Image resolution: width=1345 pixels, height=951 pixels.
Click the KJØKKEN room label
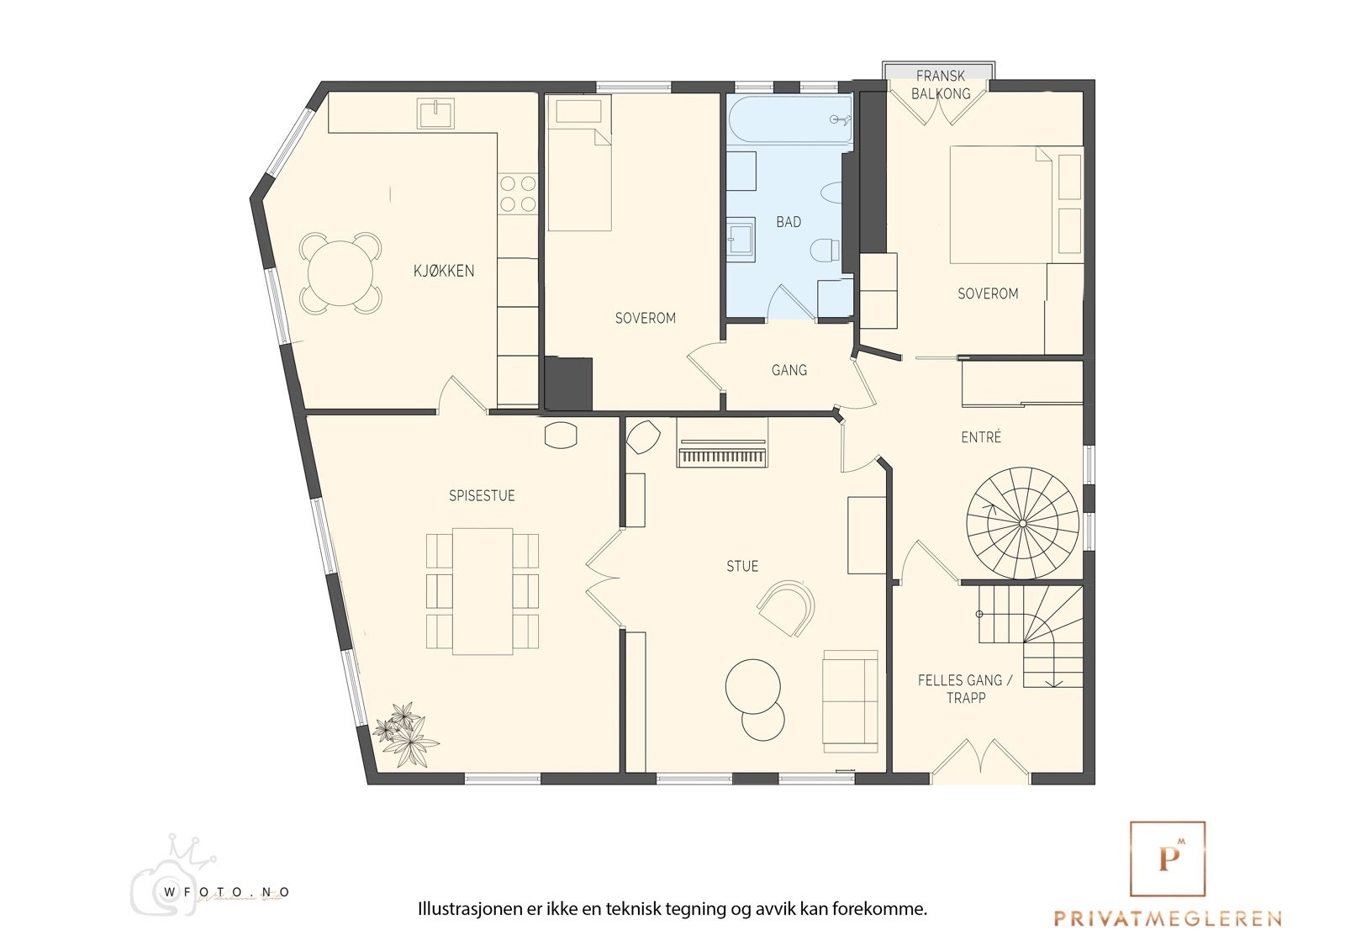(444, 271)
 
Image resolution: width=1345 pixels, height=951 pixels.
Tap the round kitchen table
(340, 273)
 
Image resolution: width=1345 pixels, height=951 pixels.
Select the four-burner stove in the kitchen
(518, 193)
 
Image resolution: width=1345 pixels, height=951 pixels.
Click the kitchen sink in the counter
(435, 114)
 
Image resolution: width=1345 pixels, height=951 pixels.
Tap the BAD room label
(789, 222)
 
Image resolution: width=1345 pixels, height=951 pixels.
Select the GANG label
(789, 370)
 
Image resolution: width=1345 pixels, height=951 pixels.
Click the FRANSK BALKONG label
(941, 85)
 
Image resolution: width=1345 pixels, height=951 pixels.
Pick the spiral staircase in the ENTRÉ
(1022, 523)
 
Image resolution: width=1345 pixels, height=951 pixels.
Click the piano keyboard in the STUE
(722, 457)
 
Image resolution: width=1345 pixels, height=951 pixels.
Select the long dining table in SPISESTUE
(483, 591)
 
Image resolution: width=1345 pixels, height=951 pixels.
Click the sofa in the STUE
(850, 700)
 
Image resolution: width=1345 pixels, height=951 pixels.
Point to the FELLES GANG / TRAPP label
(965, 689)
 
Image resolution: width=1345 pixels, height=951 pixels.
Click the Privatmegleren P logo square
(1168, 859)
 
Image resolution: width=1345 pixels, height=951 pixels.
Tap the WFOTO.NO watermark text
(227, 892)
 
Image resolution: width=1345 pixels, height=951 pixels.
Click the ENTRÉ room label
(981, 437)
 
